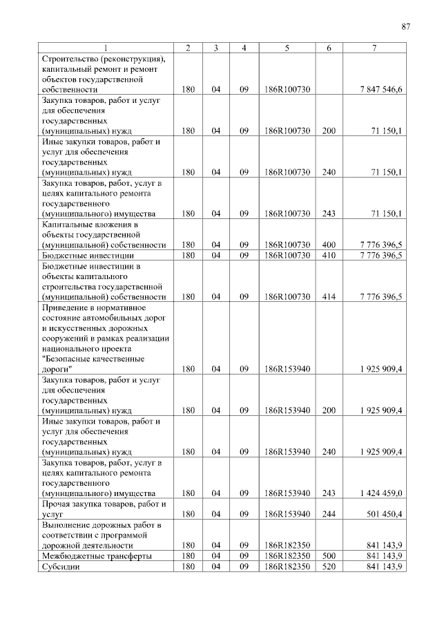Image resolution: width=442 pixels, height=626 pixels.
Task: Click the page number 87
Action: (x=406, y=27)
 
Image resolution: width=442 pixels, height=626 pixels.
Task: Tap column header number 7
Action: (x=373, y=48)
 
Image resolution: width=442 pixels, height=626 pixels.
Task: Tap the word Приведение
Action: (x=66, y=307)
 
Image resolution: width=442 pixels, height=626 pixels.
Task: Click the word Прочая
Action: (x=58, y=504)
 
